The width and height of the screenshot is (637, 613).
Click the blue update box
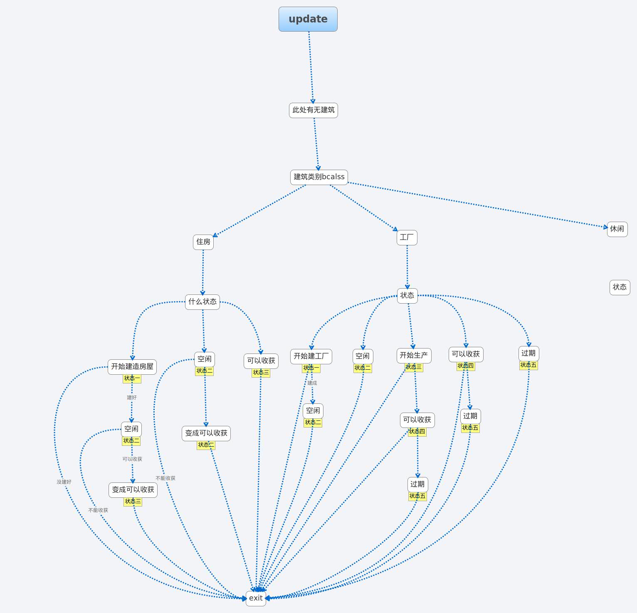tap(308, 19)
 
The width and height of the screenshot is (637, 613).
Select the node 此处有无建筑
tap(313, 110)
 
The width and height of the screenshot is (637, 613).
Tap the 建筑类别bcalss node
tap(319, 177)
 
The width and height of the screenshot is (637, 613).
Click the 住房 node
tap(203, 242)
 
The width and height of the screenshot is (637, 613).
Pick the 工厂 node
tap(407, 237)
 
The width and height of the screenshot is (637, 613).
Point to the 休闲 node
tap(617, 229)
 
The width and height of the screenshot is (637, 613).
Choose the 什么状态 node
tap(202, 302)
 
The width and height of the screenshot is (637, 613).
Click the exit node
tap(256, 598)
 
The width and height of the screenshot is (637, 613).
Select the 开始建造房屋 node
tap(132, 366)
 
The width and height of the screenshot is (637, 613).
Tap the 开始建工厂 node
tap(311, 356)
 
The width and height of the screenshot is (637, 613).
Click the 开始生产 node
tap(414, 355)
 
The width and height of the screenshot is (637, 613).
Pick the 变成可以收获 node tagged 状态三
tap(133, 490)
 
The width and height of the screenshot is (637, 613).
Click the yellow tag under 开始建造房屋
tap(132, 378)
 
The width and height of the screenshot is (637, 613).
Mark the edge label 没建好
tap(64, 482)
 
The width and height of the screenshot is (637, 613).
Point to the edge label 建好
tap(131, 398)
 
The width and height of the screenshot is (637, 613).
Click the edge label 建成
tap(312, 383)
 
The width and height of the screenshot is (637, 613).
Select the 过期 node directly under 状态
tap(528, 353)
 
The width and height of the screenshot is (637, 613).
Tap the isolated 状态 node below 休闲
tap(620, 287)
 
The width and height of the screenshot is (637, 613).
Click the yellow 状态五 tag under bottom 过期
tap(417, 496)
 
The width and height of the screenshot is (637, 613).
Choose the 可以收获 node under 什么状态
tap(261, 361)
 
